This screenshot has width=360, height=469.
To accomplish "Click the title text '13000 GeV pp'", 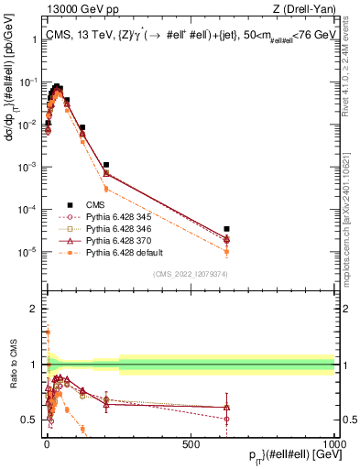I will click(75, 10).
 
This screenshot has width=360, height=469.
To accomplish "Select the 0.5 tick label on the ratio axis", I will click(29, 420).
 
